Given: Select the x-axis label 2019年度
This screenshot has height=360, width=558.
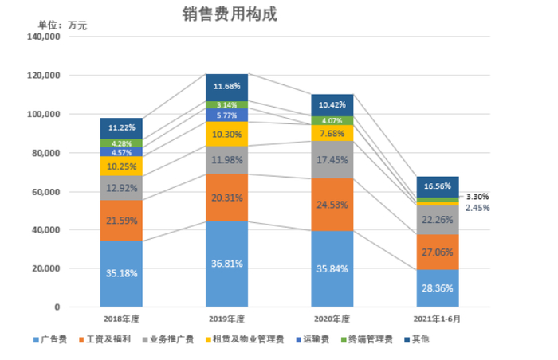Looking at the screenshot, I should tap(227, 319).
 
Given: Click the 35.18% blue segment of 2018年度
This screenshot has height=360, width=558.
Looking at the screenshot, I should tap(121, 273).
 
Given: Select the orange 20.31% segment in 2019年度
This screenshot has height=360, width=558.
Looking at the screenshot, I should tap(227, 198).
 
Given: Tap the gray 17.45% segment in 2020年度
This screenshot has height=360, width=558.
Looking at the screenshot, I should tap(332, 159).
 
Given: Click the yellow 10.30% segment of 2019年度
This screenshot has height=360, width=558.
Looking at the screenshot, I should tap(227, 135).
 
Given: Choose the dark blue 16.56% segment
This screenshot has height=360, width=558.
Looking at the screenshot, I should tap(438, 186).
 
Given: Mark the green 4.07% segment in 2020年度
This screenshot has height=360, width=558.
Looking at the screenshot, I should tap(332, 121).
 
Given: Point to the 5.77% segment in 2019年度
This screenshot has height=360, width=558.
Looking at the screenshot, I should tap(227, 115).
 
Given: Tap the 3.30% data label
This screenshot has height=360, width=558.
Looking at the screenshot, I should tap(477, 196).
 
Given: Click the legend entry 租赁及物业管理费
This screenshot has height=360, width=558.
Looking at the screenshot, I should tap(248, 339).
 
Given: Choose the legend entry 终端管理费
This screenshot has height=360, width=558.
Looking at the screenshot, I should tap(371, 339).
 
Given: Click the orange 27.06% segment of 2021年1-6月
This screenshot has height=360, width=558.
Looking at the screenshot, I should tap(438, 252).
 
